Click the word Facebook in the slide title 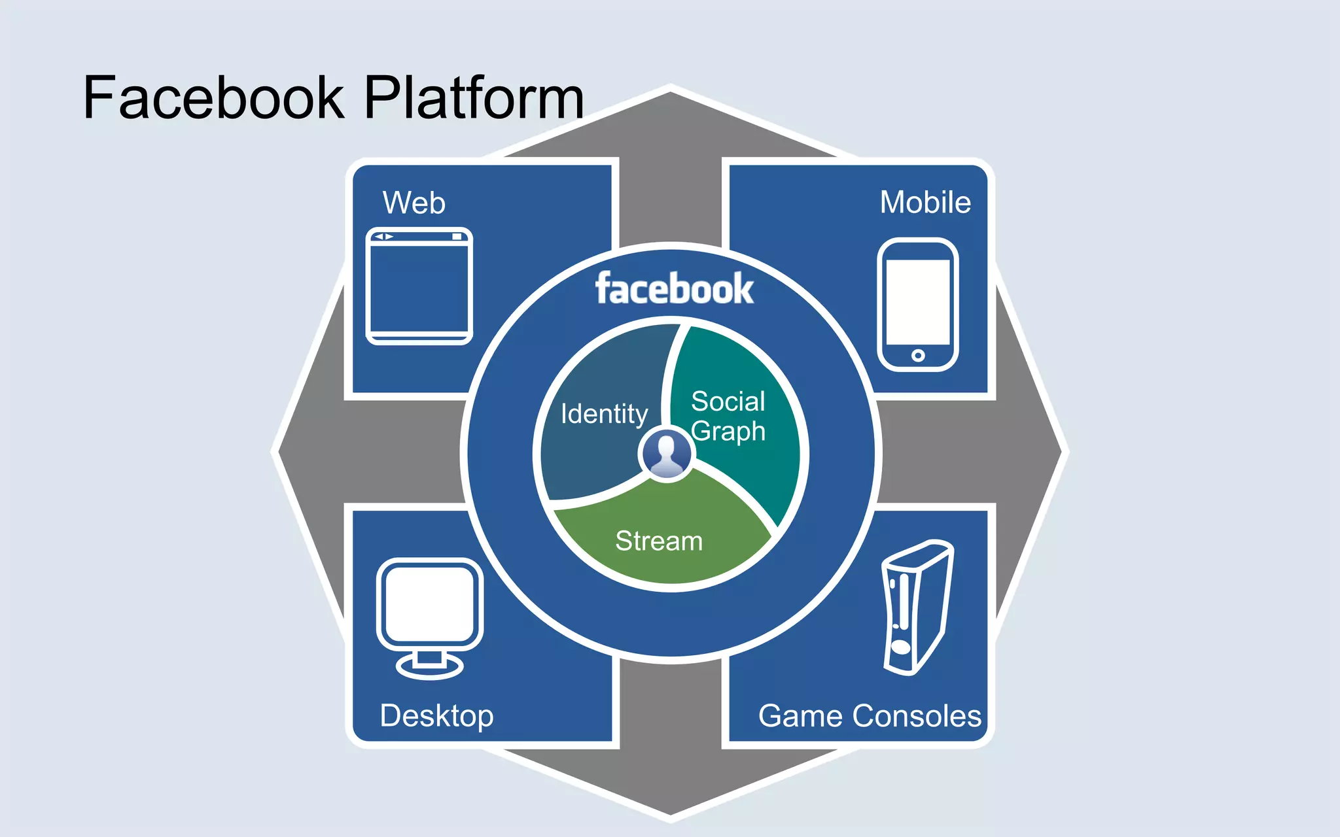tap(213, 98)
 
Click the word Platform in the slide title tap(473, 98)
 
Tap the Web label tap(414, 203)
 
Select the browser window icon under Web tap(419, 286)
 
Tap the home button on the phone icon tap(918, 356)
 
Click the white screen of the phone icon tap(917, 302)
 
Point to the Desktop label tap(436, 716)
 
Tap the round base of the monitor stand tap(429, 668)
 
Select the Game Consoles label tap(870, 716)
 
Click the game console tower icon tap(916, 608)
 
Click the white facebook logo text tap(674, 289)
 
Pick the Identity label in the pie tap(604, 414)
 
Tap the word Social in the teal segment tap(728, 401)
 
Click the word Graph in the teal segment tap(728, 432)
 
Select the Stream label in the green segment tap(659, 541)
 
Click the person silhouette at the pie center tap(667, 453)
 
